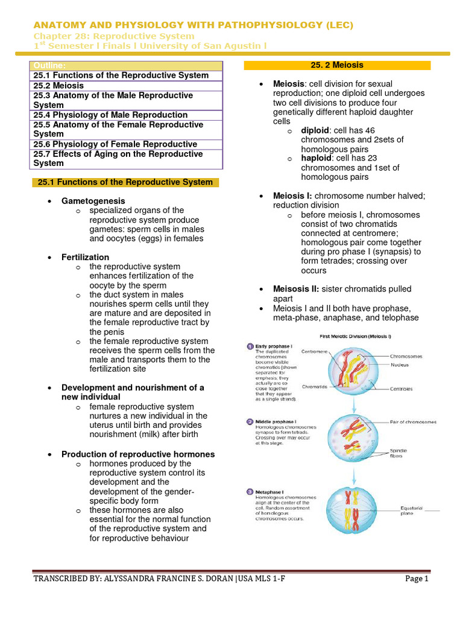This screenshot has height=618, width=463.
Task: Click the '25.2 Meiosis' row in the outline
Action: coord(59,86)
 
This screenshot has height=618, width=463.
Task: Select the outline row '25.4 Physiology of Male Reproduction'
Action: coord(110,115)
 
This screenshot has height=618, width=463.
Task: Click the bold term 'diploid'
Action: coord(314,130)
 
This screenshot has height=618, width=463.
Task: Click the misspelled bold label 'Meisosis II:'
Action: coord(298,289)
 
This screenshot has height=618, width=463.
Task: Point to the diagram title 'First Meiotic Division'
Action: coord(348,336)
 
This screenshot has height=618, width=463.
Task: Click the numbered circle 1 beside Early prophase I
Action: coord(249,346)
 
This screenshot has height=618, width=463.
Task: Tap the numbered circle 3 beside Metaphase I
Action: coord(249,492)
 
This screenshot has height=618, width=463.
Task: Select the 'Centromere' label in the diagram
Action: coord(314,351)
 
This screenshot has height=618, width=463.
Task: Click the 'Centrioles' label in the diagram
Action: coord(402,389)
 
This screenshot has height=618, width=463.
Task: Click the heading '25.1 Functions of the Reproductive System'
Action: coord(125,182)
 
